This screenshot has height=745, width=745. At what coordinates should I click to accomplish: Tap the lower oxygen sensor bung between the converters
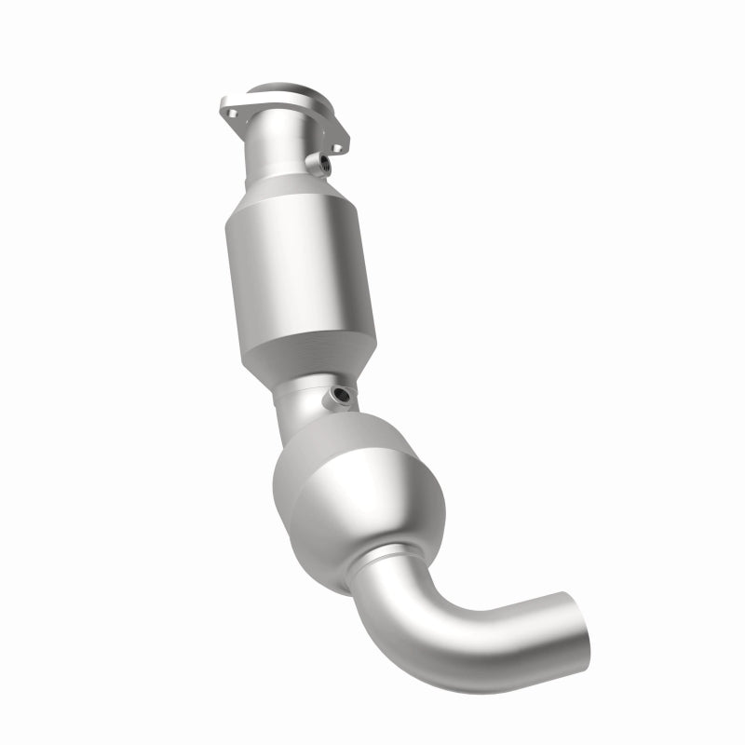(x=339, y=398)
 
